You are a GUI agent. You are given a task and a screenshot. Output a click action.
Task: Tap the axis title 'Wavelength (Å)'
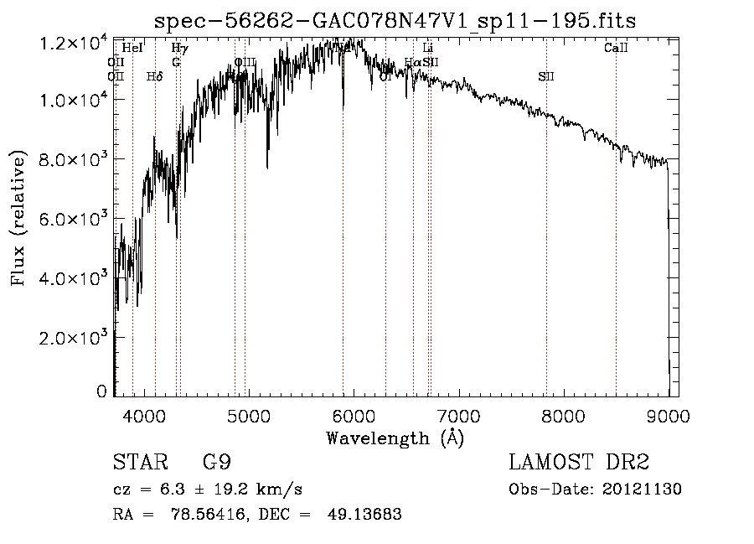pyautogui.click(x=395, y=438)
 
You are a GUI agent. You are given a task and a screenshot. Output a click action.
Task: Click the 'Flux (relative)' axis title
pyautogui.click(x=18, y=217)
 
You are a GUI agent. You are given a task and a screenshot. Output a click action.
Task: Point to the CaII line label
pyautogui.click(x=616, y=49)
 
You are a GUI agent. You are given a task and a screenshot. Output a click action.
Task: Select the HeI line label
pyautogui.click(x=132, y=49)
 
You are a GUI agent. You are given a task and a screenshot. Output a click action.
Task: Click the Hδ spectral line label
pyautogui.click(x=154, y=77)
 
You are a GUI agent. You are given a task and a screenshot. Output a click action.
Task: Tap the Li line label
pyautogui.click(x=428, y=49)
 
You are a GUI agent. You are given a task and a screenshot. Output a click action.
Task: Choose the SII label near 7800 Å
pyautogui.click(x=546, y=77)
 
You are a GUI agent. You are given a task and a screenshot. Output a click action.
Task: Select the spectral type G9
pyautogui.click(x=217, y=463)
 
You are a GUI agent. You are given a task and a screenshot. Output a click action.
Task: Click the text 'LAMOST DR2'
pyautogui.click(x=579, y=463)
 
